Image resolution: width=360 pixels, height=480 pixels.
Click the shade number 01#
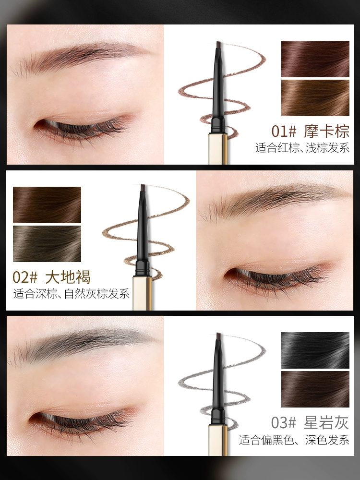pyautogui.click(x=284, y=132)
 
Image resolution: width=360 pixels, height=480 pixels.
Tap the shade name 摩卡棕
pyautogui.click(x=326, y=132)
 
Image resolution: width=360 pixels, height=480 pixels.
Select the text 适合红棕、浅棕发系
pyautogui.click(x=302, y=148)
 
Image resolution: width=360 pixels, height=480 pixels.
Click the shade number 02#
pyautogui.click(x=25, y=277)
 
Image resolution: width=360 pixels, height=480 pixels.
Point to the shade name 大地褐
pyautogui.click(x=68, y=277)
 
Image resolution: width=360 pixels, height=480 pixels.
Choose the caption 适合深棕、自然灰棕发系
pyautogui.click(x=72, y=294)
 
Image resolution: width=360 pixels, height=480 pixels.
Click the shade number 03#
pyautogui.click(x=284, y=423)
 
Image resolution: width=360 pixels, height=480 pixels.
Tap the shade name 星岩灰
pyautogui.click(x=326, y=423)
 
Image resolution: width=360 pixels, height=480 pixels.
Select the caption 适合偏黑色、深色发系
pyautogui.click(x=294, y=440)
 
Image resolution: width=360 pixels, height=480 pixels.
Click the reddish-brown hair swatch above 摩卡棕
pyautogui.click(x=315, y=59)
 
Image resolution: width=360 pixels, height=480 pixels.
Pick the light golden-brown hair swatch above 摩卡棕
pyautogui.click(x=315, y=98)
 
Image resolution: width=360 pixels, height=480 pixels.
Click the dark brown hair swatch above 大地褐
pyautogui.click(x=47, y=205)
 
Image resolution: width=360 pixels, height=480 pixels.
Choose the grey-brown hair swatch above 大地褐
pyautogui.click(x=47, y=244)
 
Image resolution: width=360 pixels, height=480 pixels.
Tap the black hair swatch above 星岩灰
pyautogui.click(x=315, y=350)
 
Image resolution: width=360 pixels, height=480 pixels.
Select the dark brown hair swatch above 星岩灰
pyautogui.click(x=315, y=389)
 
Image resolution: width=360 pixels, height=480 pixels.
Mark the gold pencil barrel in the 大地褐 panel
pyautogui.click(x=142, y=293)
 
